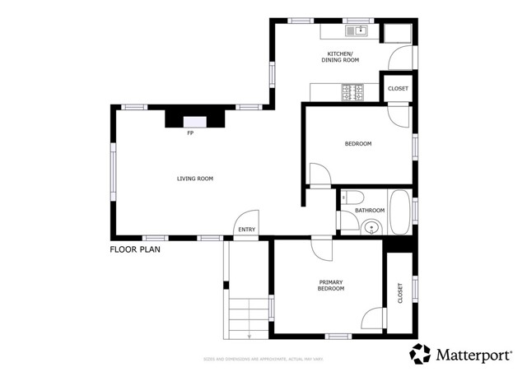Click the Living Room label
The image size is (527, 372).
(195, 179)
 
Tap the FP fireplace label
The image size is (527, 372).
(190, 133)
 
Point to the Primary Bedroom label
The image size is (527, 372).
(330, 286)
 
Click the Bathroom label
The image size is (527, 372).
(370, 211)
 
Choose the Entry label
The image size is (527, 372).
(246, 230)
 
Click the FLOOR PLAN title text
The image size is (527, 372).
(135, 249)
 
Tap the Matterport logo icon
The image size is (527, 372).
(421, 354)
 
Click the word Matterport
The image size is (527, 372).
(473, 355)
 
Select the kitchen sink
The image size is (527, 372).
(357, 31)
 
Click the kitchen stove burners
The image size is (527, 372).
(353, 91)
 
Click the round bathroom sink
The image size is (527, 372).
(371, 226)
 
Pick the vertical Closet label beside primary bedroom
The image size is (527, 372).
(400, 293)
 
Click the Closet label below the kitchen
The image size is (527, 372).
(397, 89)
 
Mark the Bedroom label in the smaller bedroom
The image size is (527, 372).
(357, 144)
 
